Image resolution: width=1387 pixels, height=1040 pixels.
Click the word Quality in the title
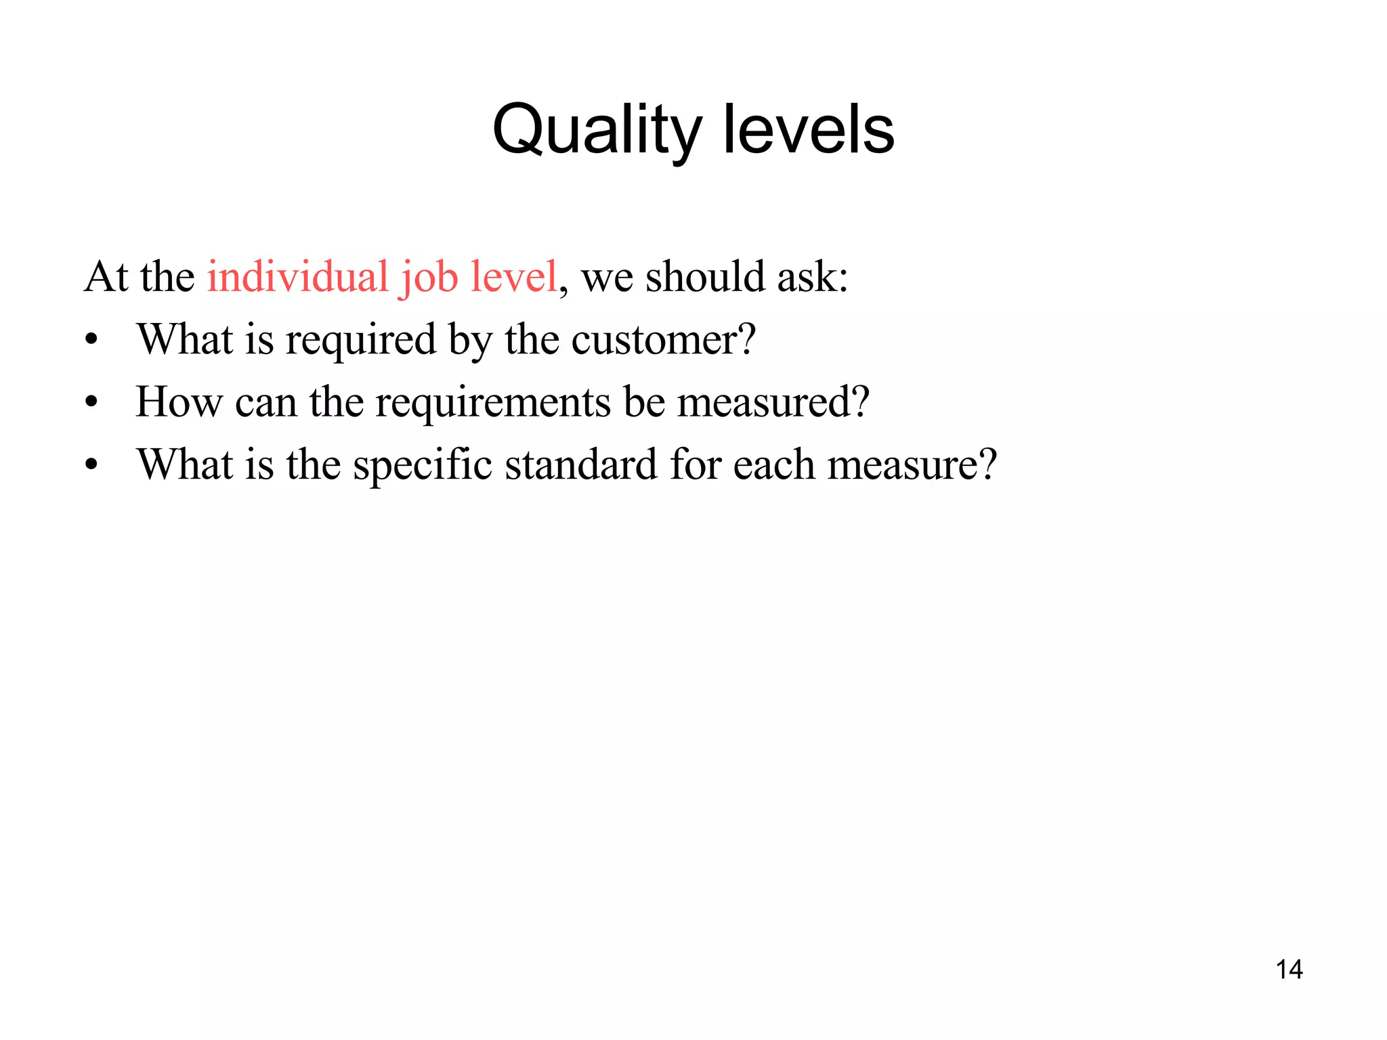pos(596,130)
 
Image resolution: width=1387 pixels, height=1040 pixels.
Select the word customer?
pos(663,339)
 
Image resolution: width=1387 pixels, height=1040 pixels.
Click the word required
pos(361,341)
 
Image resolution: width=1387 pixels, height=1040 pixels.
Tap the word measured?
pos(773,402)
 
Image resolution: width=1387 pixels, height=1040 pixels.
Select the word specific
pos(423,465)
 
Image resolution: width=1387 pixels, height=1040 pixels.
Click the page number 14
pos(1289,970)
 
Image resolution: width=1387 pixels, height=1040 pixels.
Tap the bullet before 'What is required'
pos(91,340)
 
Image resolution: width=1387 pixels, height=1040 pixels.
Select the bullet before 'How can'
pos(91,403)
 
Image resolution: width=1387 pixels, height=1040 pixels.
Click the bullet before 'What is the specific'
pos(91,466)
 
